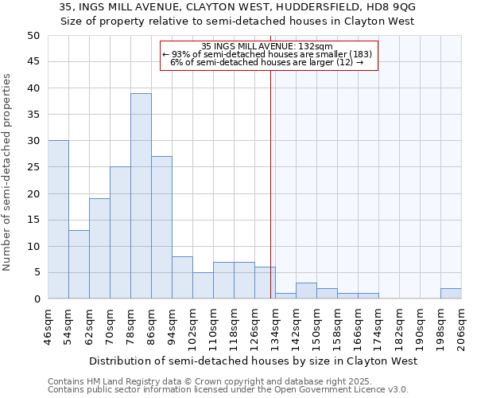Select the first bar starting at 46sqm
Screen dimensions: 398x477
[58, 220]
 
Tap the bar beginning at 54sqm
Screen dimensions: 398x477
[79, 264]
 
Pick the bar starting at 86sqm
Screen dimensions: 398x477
[161, 228]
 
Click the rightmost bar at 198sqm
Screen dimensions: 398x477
[451, 294]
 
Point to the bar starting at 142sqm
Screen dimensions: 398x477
[306, 291]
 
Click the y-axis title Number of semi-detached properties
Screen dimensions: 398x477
[8, 172]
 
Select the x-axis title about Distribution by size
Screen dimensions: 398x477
[254, 361]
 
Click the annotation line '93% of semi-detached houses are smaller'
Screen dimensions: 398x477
[268, 54]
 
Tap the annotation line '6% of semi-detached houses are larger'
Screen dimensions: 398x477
[268, 62]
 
